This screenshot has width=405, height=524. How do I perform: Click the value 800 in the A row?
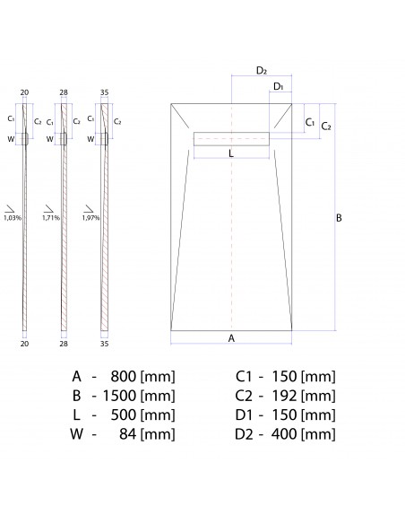pyautogui.click(x=127, y=376)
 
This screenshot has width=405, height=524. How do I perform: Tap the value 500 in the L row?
pyautogui.click(x=127, y=415)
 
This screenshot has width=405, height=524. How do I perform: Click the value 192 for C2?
pyautogui.click(x=284, y=396)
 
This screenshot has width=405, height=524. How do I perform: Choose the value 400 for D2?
pyautogui.click(x=284, y=435)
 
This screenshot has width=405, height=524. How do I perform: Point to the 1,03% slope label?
pyautogui.click(x=13, y=217)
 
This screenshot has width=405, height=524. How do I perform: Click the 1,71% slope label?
pyautogui.click(x=51, y=217)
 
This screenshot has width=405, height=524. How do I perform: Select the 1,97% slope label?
pyautogui.click(x=90, y=217)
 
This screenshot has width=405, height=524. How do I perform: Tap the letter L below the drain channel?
pyautogui.click(x=231, y=153)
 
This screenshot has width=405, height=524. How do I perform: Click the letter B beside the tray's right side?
pyautogui.click(x=339, y=218)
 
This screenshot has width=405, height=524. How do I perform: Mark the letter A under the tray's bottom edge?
pyautogui.click(x=231, y=338)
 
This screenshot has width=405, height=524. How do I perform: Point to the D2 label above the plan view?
pyautogui.click(x=261, y=70)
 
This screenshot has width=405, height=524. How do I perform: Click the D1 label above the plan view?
pyautogui.click(x=279, y=87)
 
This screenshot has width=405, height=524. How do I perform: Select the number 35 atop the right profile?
pyautogui.click(x=104, y=92)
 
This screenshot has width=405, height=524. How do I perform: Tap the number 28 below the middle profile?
pyautogui.click(x=65, y=343)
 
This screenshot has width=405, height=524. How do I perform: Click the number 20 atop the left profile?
pyautogui.click(x=25, y=92)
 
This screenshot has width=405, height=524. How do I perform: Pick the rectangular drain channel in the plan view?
pyautogui.click(x=231, y=137)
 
